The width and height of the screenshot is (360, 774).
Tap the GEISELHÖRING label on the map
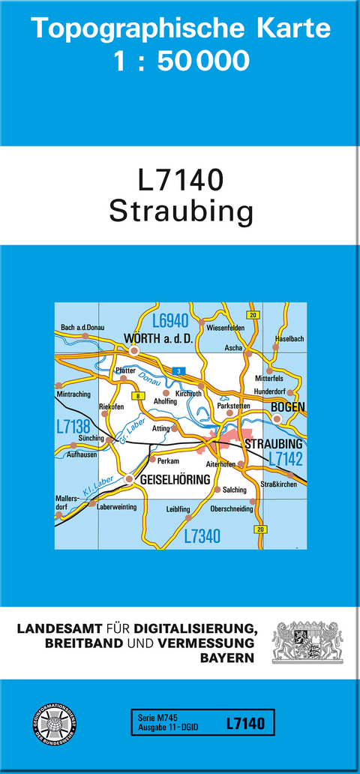pyautogui.click(x=173, y=478)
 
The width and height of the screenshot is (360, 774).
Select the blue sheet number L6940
pyautogui.click(x=169, y=321)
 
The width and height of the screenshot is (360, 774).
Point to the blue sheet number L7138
pyautogui.click(x=73, y=427)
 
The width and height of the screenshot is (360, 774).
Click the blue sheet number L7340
pyautogui.click(x=202, y=535)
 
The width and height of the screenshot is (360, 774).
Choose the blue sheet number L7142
pyautogui.click(x=285, y=457)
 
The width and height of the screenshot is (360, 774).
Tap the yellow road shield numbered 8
pyautogui.click(x=137, y=395)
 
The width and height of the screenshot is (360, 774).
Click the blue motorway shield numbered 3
pyautogui.click(x=178, y=371)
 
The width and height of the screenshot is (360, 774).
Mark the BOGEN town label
pyautogui.click(x=288, y=406)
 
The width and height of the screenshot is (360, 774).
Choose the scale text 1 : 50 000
pyautogui.click(x=181, y=61)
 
